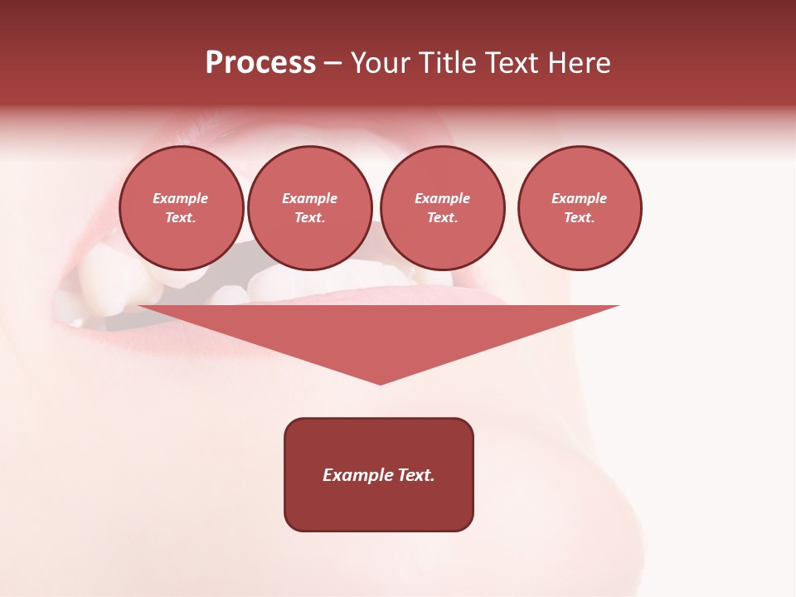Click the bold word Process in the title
point(260,63)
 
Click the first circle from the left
point(181,208)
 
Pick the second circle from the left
point(310,208)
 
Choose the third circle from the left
point(442,208)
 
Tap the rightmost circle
point(580,208)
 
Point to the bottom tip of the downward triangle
point(380,382)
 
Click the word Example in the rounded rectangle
point(356,475)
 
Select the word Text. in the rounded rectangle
point(414,475)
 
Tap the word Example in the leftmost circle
point(181,198)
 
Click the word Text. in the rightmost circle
point(580,218)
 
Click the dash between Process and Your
point(332,64)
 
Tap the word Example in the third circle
point(442,198)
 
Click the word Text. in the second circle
point(310,218)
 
